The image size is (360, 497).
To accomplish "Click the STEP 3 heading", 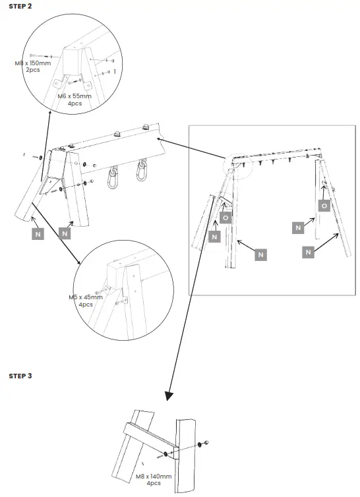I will [x=20, y=376].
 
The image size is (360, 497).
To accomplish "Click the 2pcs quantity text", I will [x=32, y=70].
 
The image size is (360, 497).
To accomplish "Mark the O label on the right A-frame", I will [x=324, y=206].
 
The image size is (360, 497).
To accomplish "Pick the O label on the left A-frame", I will [x=226, y=218].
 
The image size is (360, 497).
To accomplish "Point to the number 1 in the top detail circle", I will [x=115, y=71].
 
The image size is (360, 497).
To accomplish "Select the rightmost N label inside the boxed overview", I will [x=307, y=252].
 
